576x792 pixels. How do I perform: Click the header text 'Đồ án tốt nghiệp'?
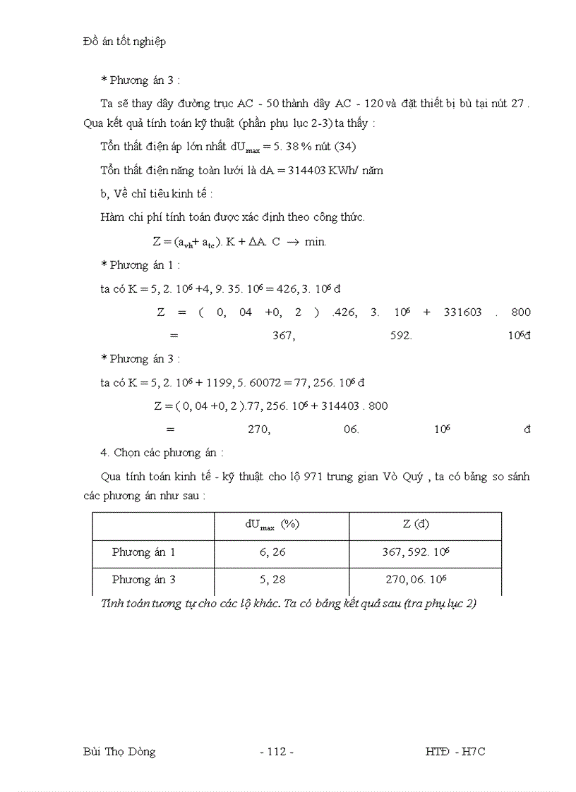tap(124, 42)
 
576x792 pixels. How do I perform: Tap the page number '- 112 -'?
tap(277, 752)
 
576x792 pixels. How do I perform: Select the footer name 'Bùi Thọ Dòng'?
tap(119, 752)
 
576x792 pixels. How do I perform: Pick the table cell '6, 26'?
tap(272, 552)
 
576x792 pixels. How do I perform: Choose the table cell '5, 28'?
tap(272, 580)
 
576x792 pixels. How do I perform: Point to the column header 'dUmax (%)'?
tap(272, 525)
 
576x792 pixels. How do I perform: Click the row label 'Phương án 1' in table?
tap(143, 552)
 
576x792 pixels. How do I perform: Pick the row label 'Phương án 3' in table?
tap(143, 580)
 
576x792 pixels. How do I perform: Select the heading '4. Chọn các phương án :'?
tap(162, 453)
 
